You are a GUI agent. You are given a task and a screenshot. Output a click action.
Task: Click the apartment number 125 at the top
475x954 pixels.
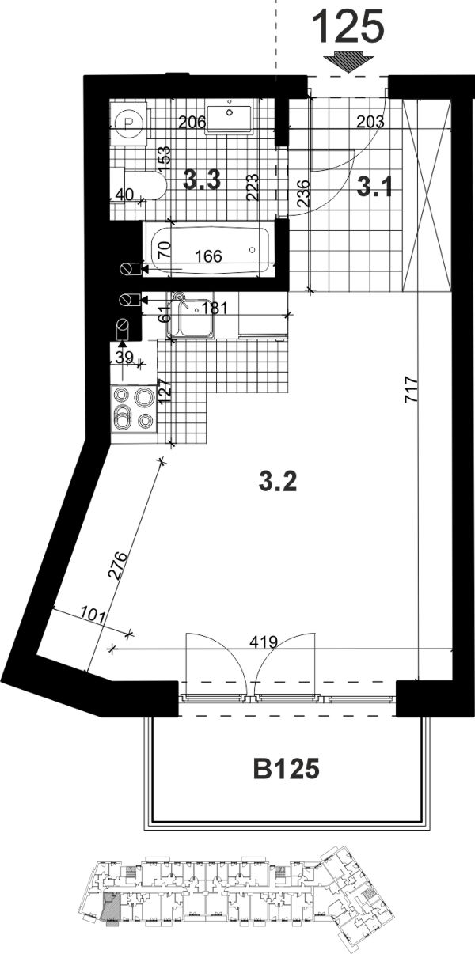(x=348, y=26)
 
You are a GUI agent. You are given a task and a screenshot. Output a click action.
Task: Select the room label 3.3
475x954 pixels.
(x=202, y=180)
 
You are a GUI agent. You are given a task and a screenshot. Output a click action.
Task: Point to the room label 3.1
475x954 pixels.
(x=374, y=187)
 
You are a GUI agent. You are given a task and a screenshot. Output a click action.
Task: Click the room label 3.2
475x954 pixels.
(x=278, y=482)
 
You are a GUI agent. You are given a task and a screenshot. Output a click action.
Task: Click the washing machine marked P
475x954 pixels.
(x=128, y=123)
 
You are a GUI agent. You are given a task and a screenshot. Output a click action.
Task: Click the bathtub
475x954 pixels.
(x=211, y=251)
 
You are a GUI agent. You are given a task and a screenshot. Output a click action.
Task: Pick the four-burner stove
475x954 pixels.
(x=134, y=408)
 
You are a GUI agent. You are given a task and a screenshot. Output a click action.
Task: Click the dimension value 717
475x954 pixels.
(x=412, y=389)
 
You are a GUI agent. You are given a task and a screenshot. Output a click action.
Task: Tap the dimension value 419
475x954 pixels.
(x=264, y=642)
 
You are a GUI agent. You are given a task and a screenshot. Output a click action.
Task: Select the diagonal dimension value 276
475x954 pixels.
(x=118, y=565)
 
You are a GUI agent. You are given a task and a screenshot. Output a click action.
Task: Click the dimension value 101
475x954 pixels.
(x=93, y=616)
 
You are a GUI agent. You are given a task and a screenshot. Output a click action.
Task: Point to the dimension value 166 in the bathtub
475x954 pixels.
(x=208, y=256)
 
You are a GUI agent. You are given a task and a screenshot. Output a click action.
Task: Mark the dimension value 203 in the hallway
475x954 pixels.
(x=370, y=123)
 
